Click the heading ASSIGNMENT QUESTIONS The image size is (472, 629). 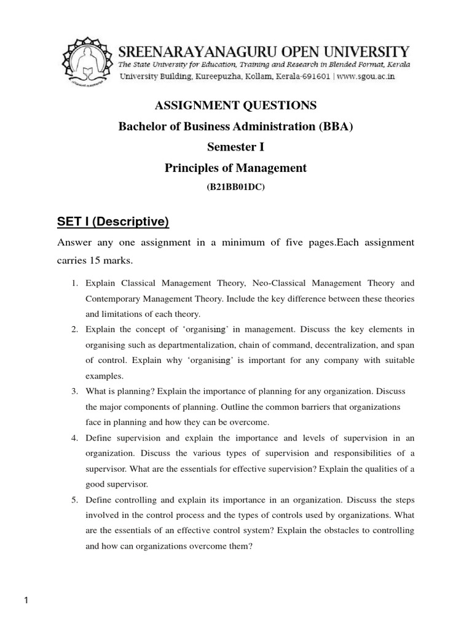pyautogui.click(x=235, y=106)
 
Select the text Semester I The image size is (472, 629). pyautogui.click(x=235, y=147)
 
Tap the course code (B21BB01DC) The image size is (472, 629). pyautogui.click(x=235, y=188)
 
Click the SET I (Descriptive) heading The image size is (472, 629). pyautogui.click(x=113, y=221)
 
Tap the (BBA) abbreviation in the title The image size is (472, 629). pyautogui.click(x=335, y=127)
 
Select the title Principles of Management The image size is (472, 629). pyautogui.click(x=235, y=168)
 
